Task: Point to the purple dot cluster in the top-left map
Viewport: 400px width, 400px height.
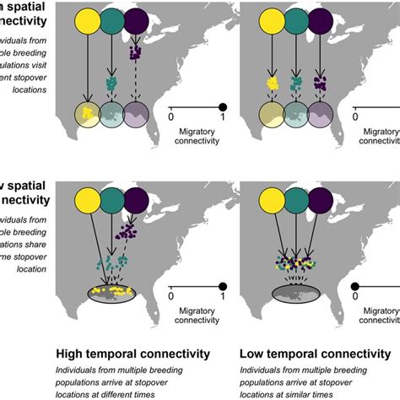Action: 134,53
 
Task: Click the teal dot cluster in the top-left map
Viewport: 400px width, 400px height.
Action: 111,83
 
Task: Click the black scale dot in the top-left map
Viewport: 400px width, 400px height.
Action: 223,107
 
